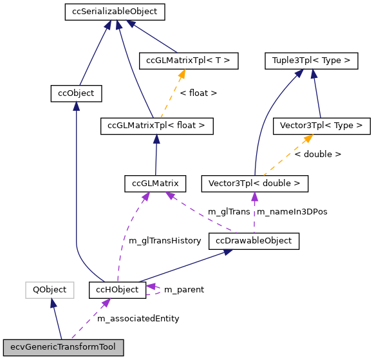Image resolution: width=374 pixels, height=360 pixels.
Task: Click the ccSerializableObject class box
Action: tap(115, 12)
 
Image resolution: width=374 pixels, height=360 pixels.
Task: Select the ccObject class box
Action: tap(76, 93)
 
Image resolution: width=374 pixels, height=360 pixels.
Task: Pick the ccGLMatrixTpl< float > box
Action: tap(156, 126)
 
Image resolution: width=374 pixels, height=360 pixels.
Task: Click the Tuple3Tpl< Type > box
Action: tap(311, 61)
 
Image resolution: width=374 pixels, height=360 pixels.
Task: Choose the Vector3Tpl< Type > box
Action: tap(322, 126)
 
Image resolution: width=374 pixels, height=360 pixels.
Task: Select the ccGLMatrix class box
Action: tap(155, 184)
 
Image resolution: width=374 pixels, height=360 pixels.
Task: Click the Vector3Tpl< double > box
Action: tap(254, 184)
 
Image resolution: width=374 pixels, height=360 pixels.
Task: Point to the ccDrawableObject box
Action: tap(254, 241)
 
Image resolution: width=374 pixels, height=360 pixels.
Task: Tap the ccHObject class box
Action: tap(117, 290)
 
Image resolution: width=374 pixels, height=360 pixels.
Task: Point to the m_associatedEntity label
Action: tap(138, 318)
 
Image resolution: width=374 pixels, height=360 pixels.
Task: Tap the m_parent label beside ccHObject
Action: tap(184, 290)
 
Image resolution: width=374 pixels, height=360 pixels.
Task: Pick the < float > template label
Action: tap(198, 93)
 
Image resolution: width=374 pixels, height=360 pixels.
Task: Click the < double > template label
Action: tap(318, 155)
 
